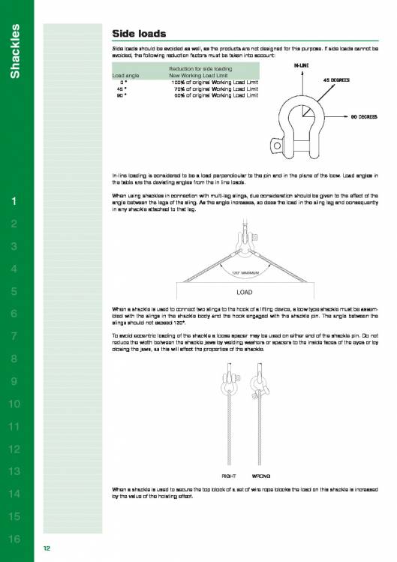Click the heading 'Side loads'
click(139, 34)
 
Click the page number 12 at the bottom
click(47, 549)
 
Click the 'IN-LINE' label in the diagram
click(302, 66)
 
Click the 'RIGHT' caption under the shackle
click(229, 476)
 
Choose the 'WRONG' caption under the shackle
click(261, 476)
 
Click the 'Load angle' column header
click(125, 75)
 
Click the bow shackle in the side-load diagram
click(305, 120)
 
